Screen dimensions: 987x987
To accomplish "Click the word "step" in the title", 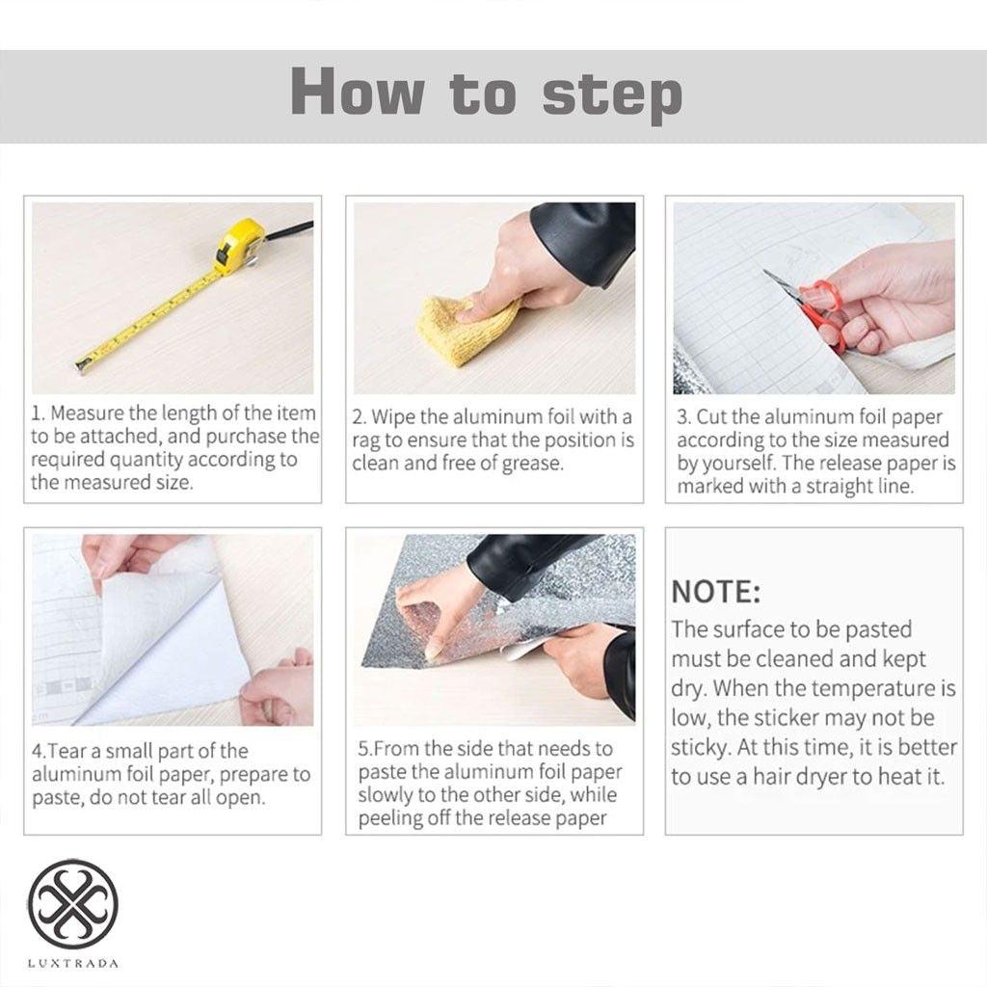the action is point(612,95).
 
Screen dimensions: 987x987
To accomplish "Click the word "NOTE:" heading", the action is point(716,593).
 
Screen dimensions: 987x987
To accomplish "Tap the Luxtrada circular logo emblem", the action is point(73,902).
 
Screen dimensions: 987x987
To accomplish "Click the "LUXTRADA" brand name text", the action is point(73,963).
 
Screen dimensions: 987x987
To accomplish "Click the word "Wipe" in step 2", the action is point(393,417).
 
